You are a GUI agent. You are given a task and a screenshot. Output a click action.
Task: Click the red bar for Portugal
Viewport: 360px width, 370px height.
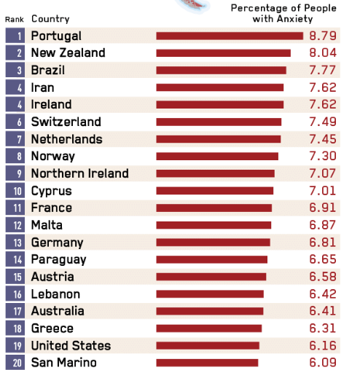tap(230, 36)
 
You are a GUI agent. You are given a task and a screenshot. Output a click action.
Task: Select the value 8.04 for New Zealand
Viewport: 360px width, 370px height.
tap(323, 53)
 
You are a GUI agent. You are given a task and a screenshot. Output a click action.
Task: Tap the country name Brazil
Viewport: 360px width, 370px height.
tap(48, 70)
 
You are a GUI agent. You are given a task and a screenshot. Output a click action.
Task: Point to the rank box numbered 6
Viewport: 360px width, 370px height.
tap(15, 122)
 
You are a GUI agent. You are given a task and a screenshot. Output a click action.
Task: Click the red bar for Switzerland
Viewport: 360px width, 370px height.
tap(219, 122)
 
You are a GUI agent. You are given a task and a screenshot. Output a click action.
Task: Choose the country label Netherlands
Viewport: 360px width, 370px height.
tap(67, 139)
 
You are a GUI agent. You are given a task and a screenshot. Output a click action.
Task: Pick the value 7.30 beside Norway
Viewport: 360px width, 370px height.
tap(323, 156)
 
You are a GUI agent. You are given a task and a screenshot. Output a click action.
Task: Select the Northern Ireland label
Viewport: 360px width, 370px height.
tap(80, 173)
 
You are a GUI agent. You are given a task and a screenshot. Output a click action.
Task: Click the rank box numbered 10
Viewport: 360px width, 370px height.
tap(15, 191)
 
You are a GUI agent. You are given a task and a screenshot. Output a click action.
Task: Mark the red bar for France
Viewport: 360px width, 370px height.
tap(214, 208)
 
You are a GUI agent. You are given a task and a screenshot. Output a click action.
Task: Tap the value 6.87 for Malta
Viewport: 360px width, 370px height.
tap(323, 225)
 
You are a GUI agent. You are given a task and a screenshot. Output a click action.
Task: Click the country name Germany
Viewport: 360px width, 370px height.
tap(58, 243)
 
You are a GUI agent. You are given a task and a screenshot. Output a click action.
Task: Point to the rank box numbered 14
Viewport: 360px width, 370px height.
tap(15, 259)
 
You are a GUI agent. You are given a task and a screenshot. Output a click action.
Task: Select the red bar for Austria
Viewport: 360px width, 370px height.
tap(211, 277)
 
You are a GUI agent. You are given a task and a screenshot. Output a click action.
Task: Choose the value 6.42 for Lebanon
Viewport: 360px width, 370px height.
tap(323, 294)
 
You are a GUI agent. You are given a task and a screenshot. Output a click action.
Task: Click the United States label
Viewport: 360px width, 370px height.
tap(71, 345)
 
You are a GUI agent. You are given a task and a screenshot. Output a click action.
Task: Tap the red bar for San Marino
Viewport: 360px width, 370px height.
tap(207, 363)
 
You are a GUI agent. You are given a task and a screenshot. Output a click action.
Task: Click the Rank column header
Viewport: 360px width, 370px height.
tap(15, 20)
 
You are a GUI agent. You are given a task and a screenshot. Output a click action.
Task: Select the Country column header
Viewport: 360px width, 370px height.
tap(50, 19)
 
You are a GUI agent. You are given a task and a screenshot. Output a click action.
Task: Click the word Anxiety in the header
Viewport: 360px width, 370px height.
tap(294, 19)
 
